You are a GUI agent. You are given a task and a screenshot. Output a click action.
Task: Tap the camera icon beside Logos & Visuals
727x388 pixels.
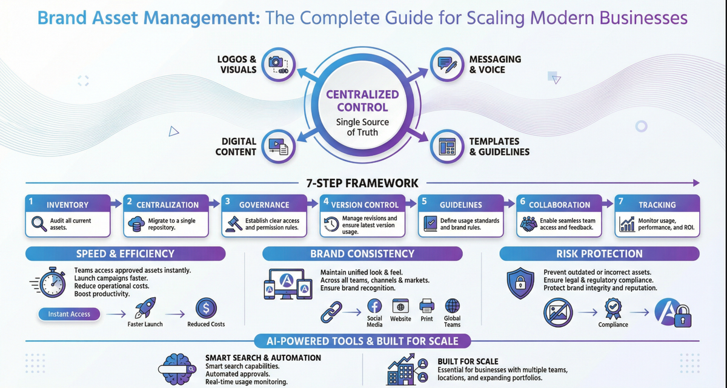click(278, 64)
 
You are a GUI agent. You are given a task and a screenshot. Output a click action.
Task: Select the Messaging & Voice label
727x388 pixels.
click(495, 64)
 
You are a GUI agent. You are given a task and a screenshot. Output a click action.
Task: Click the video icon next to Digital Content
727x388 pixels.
click(278, 146)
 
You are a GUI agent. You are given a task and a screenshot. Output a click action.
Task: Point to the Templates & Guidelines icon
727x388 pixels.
click(448, 146)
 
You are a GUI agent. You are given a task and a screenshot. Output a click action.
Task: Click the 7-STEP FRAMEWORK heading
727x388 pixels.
click(362, 183)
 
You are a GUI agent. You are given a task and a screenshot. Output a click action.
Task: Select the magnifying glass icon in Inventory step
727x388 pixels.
click(38, 225)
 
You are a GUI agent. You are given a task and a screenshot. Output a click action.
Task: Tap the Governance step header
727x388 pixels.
click(264, 205)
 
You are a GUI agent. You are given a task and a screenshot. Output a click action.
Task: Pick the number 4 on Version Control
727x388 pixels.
click(326, 200)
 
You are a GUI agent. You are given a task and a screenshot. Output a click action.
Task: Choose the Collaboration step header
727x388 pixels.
click(559, 205)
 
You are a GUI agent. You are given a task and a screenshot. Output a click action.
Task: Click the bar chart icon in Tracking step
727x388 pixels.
click(627, 225)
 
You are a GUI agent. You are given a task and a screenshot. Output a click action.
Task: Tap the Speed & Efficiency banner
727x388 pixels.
click(125, 254)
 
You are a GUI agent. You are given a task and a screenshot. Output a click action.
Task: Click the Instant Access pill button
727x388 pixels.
click(69, 314)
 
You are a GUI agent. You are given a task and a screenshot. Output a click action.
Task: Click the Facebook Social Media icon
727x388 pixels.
click(374, 306)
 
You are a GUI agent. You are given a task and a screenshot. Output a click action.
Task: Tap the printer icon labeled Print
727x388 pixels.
click(427, 306)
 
